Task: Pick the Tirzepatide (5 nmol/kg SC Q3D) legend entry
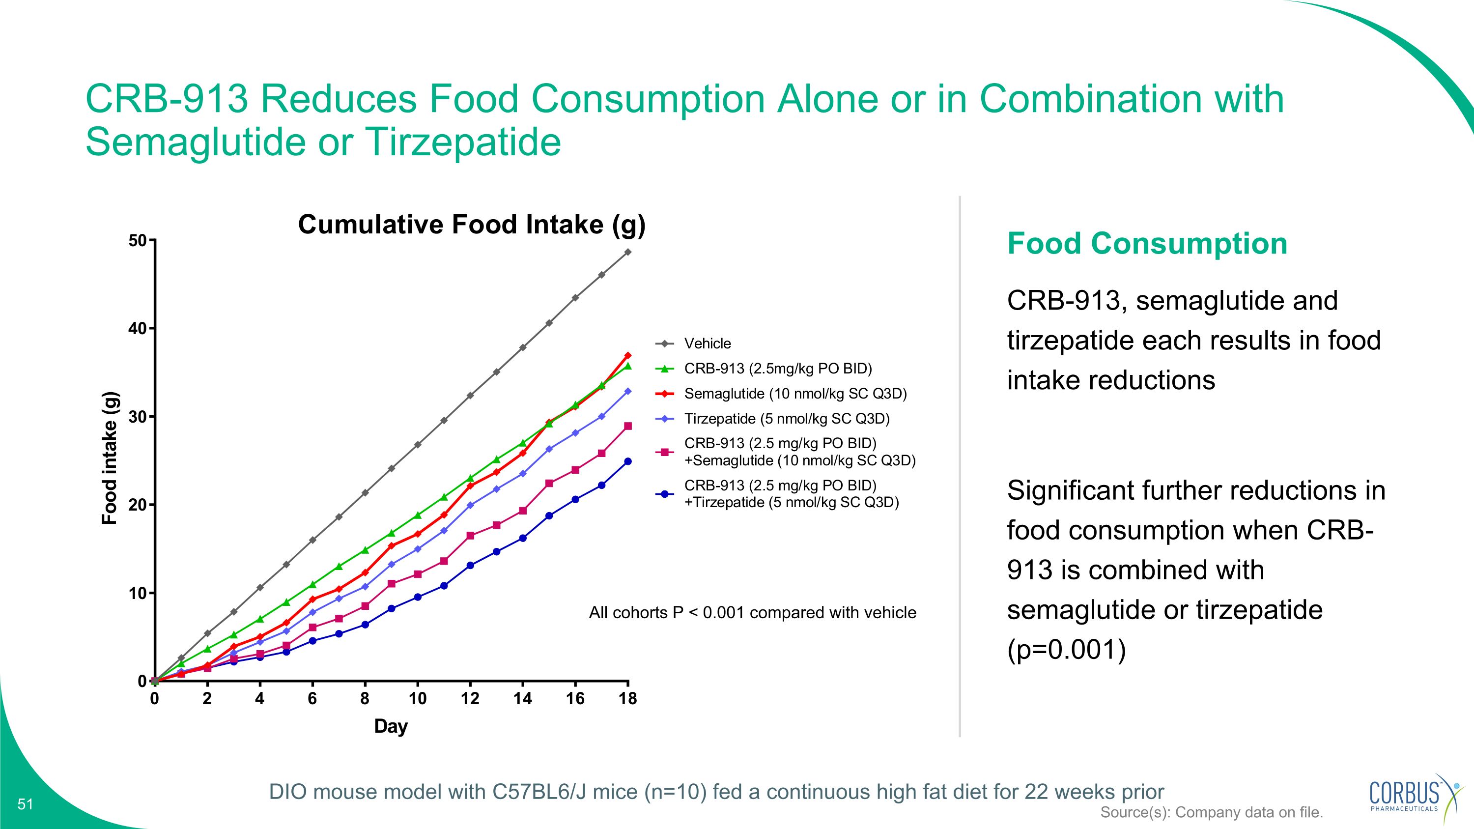pos(787,419)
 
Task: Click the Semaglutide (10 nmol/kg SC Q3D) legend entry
pos(795,394)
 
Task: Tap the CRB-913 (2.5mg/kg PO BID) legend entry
pos(778,369)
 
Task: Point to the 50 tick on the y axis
pos(138,241)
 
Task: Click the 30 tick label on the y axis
pos(138,417)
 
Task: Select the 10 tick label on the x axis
pos(417,699)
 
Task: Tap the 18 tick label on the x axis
pos(628,699)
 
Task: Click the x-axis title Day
pos(391,727)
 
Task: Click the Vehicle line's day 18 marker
pos(628,252)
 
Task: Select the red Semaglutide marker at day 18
pos(628,355)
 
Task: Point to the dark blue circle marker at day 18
pos(628,461)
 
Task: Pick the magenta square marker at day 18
pos(628,426)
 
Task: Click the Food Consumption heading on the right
pos(1147,244)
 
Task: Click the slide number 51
pos(26,804)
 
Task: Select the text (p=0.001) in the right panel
pos(1066,650)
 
